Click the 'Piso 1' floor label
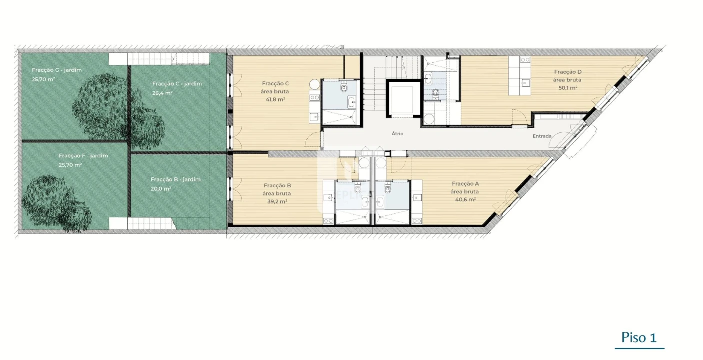click(639, 338)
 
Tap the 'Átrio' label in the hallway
click(397, 134)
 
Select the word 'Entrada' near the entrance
click(542, 136)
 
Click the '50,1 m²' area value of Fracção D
click(568, 88)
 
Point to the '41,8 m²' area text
click(275, 99)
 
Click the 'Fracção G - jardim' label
click(57, 70)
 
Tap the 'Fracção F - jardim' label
click(83, 156)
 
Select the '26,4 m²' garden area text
click(162, 93)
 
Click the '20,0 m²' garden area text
click(161, 189)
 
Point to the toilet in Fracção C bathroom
click(343, 88)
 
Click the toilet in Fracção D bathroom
click(436, 92)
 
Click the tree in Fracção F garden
click(55, 202)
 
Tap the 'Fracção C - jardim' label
click(177, 84)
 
